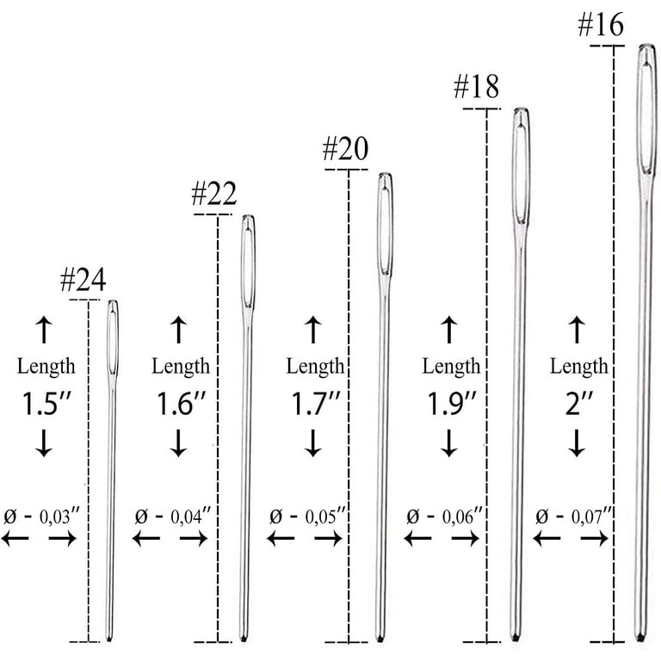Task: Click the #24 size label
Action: point(83,280)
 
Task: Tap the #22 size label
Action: point(214,194)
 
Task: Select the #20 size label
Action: point(345,149)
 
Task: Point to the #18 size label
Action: point(476,86)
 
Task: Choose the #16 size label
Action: point(601,24)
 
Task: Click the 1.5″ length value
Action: point(46,404)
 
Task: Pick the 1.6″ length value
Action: point(181,404)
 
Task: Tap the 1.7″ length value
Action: point(315,404)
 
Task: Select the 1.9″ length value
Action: point(452,404)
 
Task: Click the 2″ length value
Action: point(578,404)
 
